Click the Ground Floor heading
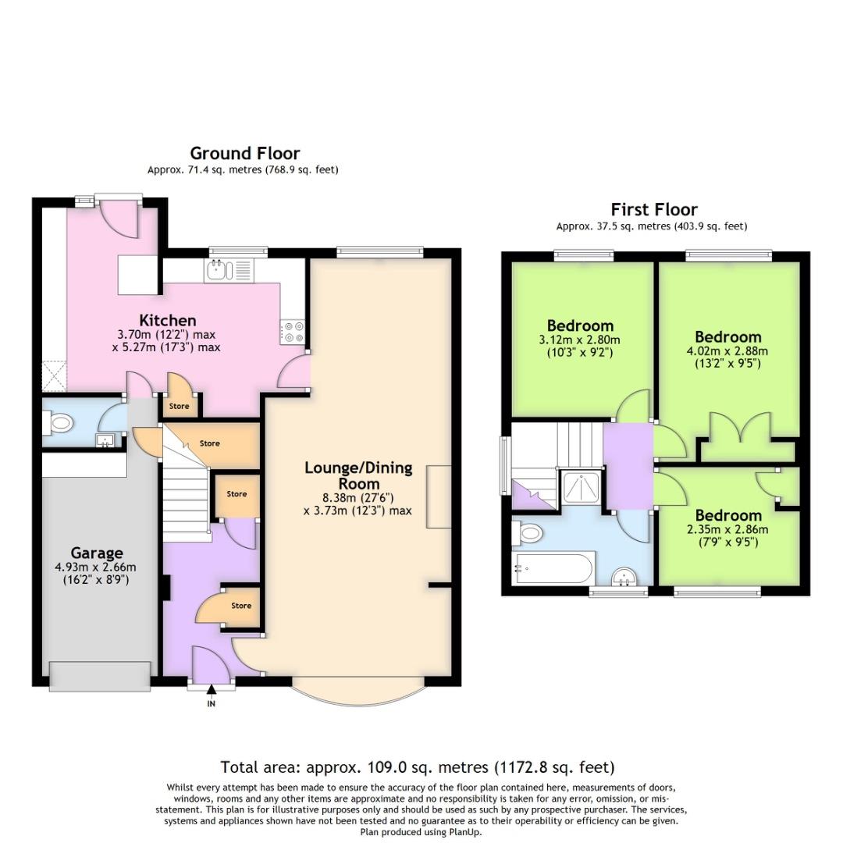(244, 153)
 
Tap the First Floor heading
(653, 209)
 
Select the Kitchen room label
(168, 320)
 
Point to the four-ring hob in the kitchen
(294, 332)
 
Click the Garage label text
(98, 553)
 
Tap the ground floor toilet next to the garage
(59, 424)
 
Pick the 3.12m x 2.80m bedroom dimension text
(579, 340)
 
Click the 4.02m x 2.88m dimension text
(727, 350)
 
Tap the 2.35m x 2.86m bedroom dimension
(727, 529)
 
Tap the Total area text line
(417, 767)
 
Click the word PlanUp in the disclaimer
(465, 831)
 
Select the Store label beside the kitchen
(180, 406)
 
